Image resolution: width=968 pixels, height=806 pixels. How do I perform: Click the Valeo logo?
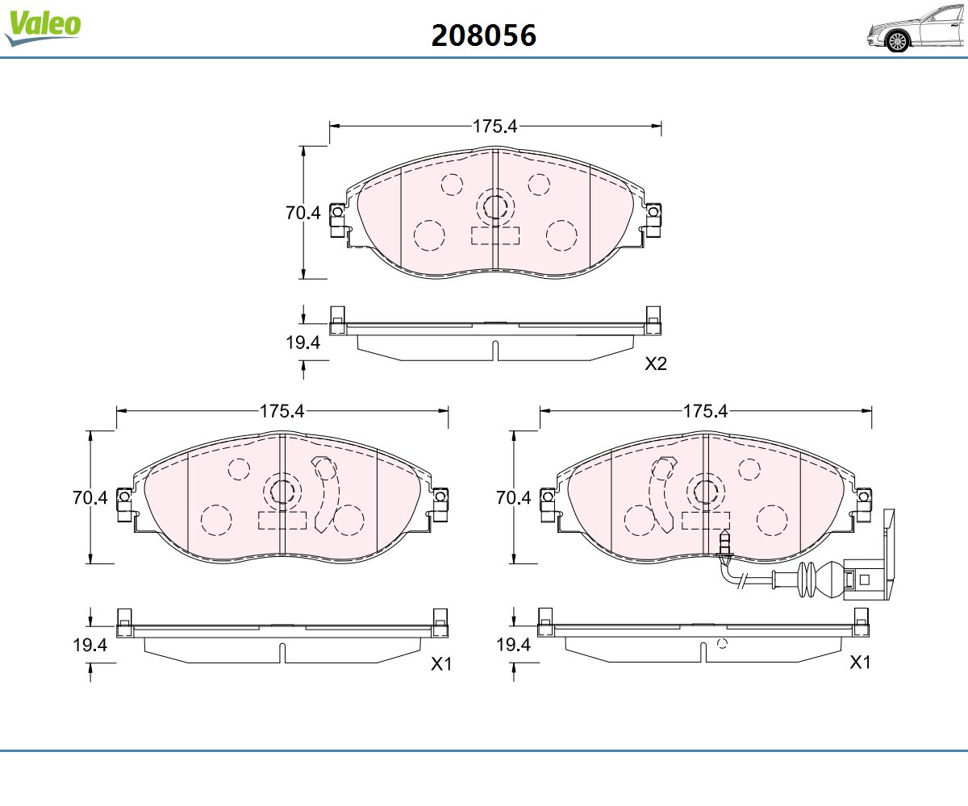[x=43, y=27]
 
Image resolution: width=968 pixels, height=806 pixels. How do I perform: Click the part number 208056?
[x=483, y=35]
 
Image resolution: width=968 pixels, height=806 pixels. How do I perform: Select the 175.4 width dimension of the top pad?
[x=494, y=127]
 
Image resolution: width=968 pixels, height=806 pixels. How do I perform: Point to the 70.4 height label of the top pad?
[x=302, y=213]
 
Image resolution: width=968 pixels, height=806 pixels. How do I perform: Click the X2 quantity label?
[x=656, y=364]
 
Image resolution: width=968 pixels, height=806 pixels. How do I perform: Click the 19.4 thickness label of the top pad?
[x=302, y=343]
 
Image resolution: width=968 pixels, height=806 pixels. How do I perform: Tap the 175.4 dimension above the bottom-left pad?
[x=282, y=411]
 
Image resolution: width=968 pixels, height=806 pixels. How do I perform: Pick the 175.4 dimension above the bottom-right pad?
[x=706, y=411]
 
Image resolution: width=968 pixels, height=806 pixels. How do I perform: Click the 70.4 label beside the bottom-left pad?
[x=90, y=497]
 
